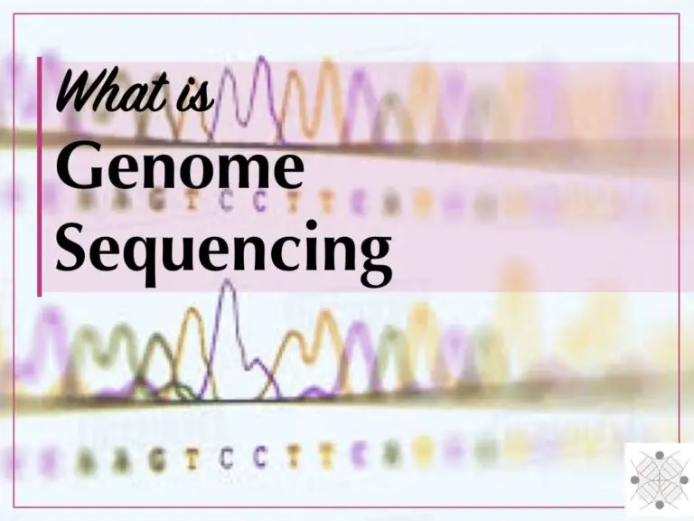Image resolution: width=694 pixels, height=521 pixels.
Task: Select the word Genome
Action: pyautogui.click(x=180, y=169)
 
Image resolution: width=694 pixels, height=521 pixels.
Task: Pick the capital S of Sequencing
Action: pyautogui.click(x=73, y=245)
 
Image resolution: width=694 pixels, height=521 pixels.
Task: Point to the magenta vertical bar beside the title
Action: pyautogui.click(x=40, y=176)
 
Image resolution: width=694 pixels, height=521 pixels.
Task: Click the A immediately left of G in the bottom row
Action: pyautogui.click(x=120, y=460)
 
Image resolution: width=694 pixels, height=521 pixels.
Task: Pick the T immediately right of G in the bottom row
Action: pyautogui.click(x=191, y=459)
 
